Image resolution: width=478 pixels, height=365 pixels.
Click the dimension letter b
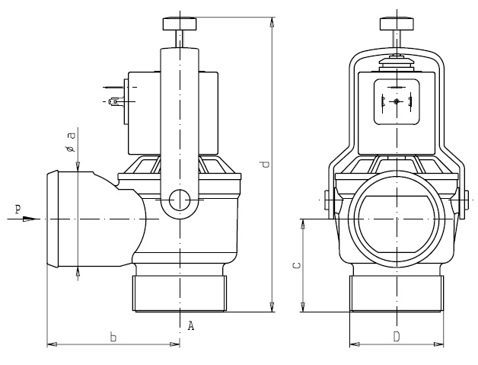(x=113, y=337)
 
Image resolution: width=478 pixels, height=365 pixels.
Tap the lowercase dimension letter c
(x=296, y=266)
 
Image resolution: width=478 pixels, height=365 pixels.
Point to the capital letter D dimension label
(x=396, y=336)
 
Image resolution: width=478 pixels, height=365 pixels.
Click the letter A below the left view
(x=191, y=326)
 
